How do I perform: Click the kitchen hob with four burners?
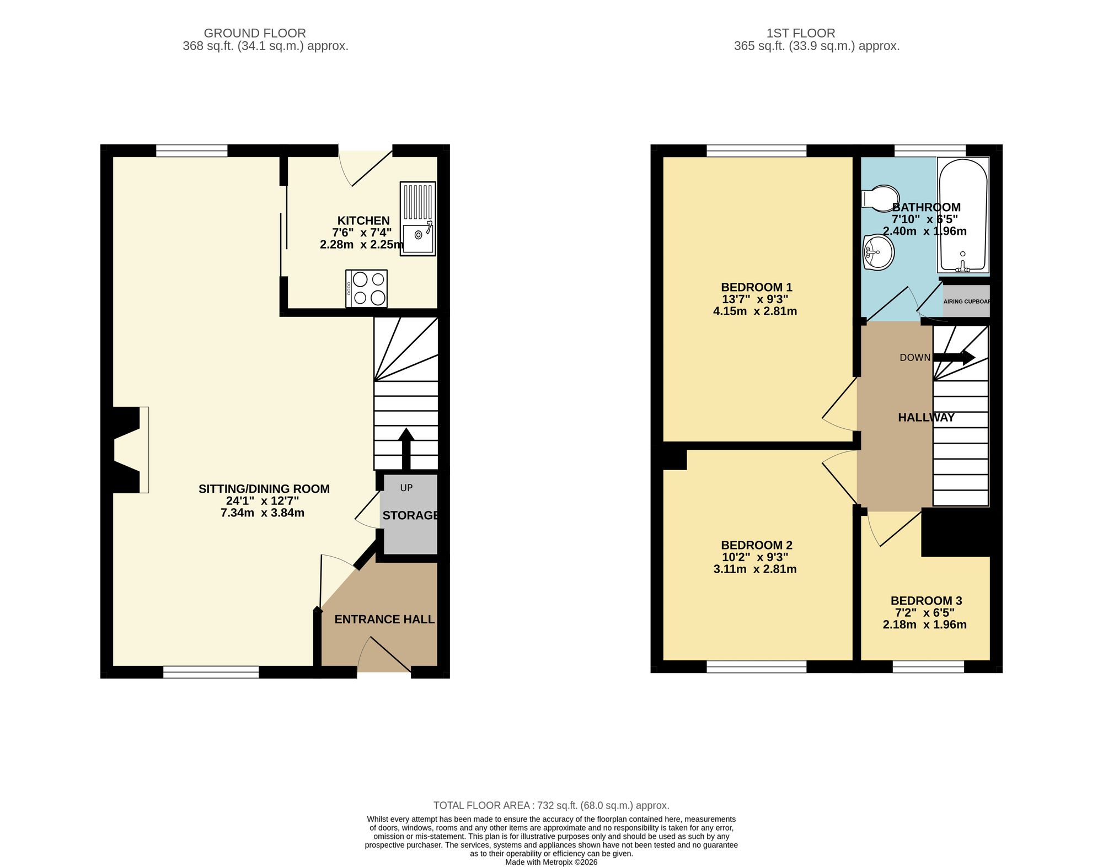tap(366, 289)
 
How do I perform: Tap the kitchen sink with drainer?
tap(417, 219)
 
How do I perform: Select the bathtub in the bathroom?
tap(963, 215)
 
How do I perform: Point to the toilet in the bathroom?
tap(879, 198)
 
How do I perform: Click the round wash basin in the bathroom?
tap(878, 253)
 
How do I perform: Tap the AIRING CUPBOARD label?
tap(966, 301)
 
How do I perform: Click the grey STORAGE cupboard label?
tap(410, 515)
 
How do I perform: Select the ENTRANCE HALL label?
tap(384, 620)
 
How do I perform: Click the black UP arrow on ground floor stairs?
tap(406, 448)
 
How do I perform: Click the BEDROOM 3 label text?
tap(926, 601)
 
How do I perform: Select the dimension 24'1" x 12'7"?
tap(263, 501)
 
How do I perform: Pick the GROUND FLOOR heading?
tap(255, 33)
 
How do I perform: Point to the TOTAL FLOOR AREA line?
tap(551, 805)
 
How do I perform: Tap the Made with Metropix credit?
tap(551, 862)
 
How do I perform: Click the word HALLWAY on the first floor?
tap(926, 418)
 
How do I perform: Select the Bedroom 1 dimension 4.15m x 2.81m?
tap(754, 311)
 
